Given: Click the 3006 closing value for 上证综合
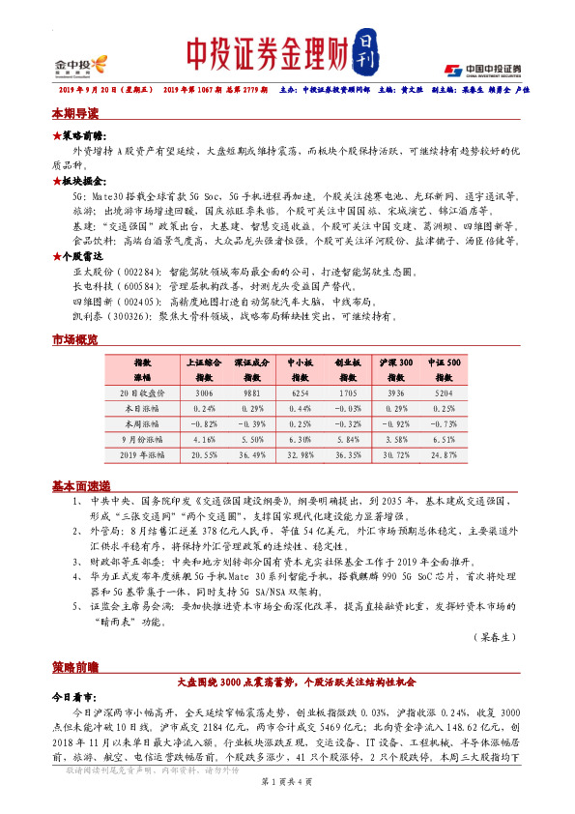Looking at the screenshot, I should pos(204,393).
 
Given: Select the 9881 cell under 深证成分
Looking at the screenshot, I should pos(251,393).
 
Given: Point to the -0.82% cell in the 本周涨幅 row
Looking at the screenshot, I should pos(204,423).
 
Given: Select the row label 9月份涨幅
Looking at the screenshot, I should pos(143,438).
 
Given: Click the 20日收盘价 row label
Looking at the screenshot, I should pos(143,393).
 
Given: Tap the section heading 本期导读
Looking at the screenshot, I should pos(75,113).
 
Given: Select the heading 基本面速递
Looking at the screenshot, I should pos(81,485).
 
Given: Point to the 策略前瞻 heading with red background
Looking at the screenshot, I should pos(75,667).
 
